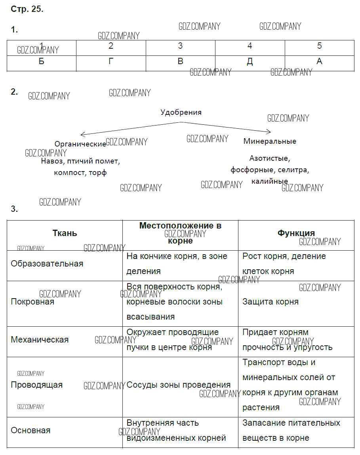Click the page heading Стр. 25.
(x=27, y=10)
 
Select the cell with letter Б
(x=42, y=62)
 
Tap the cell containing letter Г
(x=111, y=62)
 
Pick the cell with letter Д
(x=250, y=62)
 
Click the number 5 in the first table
(x=320, y=46)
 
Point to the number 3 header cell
(x=180, y=46)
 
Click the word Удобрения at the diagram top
(x=181, y=112)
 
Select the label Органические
(x=80, y=144)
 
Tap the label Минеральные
(x=270, y=141)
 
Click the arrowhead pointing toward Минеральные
(x=269, y=132)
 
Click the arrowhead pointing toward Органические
(x=82, y=135)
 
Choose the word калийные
(x=270, y=181)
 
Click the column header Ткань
(x=65, y=233)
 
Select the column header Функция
(x=296, y=233)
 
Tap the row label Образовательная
(x=47, y=264)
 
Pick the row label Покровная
(x=32, y=302)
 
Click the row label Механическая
(x=40, y=340)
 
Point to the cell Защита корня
(x=270, y=302)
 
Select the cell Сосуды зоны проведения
(x=179, y=385)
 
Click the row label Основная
(x=30, y=430)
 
